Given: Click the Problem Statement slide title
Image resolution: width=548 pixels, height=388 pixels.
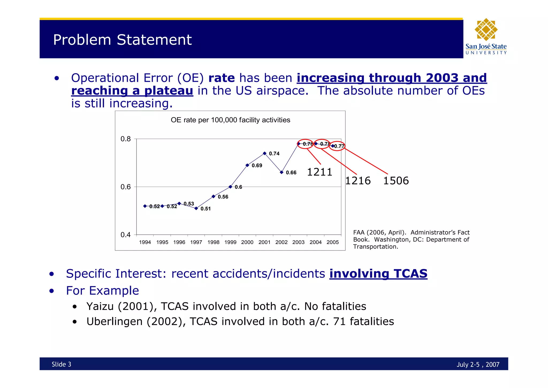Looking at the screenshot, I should (122, 40).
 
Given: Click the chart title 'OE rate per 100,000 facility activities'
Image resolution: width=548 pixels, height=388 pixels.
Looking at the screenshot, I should (230, 120).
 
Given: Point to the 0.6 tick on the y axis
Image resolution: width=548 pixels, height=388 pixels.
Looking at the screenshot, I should (125, 187).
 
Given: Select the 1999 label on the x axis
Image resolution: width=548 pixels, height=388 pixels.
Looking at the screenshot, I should (230, 242).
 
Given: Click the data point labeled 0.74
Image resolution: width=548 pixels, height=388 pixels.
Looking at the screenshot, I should (265, 153).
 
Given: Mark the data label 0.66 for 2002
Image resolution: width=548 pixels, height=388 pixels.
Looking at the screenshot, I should (291, 173).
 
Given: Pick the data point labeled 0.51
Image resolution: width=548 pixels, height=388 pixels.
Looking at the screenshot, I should (196, 208).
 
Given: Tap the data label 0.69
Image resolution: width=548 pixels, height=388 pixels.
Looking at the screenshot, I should (257, 166).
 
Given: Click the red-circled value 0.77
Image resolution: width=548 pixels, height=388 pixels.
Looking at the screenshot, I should (339, 146).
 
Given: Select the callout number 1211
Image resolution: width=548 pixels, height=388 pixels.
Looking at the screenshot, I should (319, 172).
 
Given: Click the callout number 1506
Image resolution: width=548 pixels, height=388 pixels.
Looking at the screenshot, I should (396, 181).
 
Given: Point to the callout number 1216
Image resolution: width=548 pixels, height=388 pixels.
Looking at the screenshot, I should (358, 181).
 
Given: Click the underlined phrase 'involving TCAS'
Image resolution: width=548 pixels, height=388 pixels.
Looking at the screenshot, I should (378, 274).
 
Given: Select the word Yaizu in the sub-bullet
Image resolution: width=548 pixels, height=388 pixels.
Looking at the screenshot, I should (100, 306).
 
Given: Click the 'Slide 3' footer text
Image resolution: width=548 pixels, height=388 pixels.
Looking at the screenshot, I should (61, 364).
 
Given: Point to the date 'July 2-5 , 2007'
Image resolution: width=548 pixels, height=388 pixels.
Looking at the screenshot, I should (478, 365).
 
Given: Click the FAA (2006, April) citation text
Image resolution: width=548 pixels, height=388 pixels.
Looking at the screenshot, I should (411, 239).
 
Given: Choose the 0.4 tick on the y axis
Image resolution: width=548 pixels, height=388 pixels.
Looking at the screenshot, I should (125, 235).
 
